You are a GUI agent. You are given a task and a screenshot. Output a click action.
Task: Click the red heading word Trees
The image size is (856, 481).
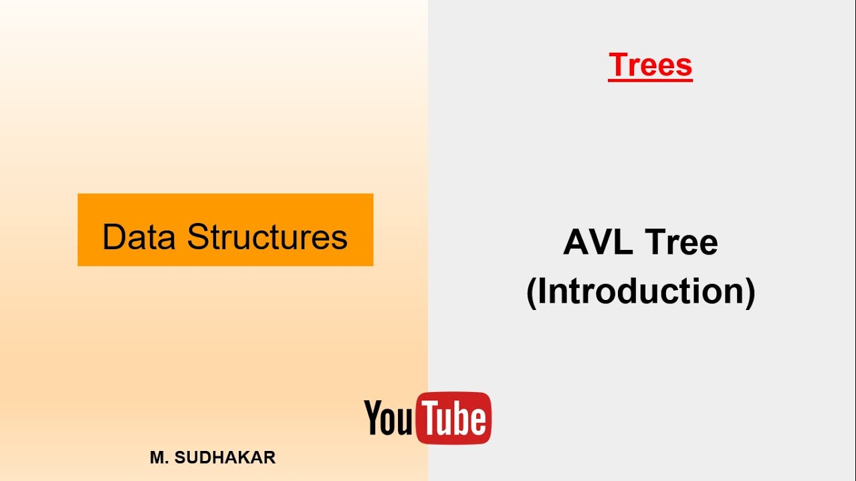click(x=650, y=65)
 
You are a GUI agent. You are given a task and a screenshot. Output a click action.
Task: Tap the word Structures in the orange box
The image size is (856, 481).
click(x=267, y=236)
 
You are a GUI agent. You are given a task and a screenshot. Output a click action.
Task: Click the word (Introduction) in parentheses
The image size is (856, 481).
click(x=641, y=291)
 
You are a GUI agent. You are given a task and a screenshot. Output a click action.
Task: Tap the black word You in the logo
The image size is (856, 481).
click(x=389, y=418)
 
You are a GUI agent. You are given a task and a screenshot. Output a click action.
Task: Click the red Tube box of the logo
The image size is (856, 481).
click(x=453, y=418)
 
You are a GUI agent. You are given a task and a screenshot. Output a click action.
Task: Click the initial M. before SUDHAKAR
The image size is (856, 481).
click(x=159, y=458)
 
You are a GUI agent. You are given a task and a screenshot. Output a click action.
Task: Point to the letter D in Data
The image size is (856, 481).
click(x=114, y=236)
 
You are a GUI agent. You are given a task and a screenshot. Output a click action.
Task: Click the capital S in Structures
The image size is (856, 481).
click(x=198, y=236)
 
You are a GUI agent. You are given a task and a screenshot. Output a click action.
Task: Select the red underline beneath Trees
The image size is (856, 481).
click(x=650, y=80)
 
